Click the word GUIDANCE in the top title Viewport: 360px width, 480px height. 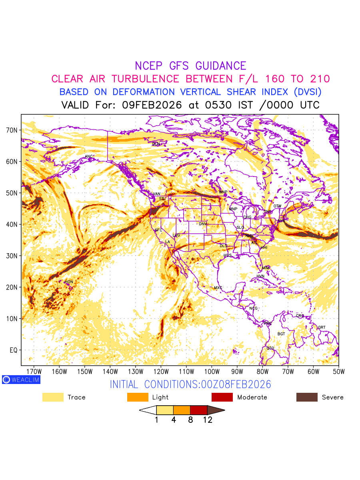click(x=221, y=66)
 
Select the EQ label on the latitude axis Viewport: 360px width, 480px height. click(x=14, y=350)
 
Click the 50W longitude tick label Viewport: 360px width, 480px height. click(x=339, y=371)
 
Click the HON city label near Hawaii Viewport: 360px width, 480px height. click(x=69, y=282)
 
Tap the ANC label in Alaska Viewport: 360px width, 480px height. click(x=89, y=156)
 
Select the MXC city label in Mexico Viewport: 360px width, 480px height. click(x=218, y=288)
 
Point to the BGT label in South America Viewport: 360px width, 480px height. click(x=281, y=334)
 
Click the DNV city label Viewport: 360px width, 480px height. click(x=203, y=224)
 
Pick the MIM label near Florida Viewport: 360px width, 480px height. click(x=266, y=268)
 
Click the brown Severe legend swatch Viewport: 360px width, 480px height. click(x=307, y=397)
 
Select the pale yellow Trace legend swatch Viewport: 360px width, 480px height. click(x=53, y=397)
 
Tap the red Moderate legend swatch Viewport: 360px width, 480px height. click(x=222, y=397)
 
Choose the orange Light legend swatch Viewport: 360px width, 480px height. click(x=138, y=397)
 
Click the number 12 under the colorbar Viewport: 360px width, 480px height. click(x=207, y=420)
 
